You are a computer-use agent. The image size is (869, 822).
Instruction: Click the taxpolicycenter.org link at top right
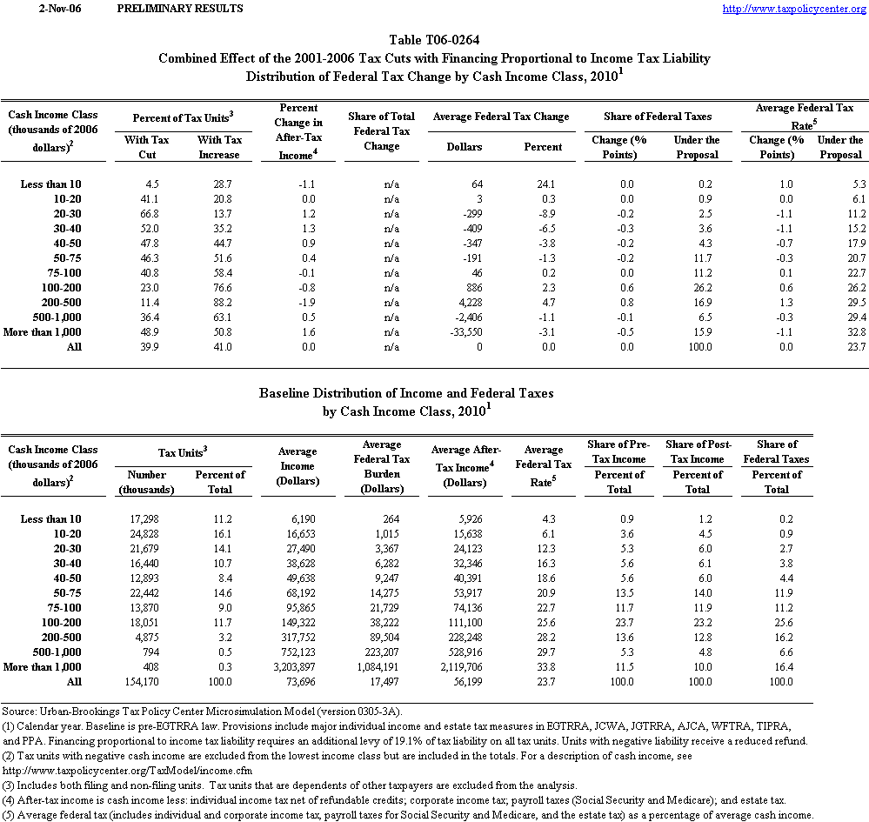pos(794,9)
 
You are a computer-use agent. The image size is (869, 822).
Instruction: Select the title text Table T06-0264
pos(434,40)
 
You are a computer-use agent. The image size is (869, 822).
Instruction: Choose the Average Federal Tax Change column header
pos(500,117)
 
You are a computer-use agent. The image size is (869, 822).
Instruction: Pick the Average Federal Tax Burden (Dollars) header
pos(382,467)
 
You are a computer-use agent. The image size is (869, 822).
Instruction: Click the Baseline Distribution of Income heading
pos(405,393)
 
